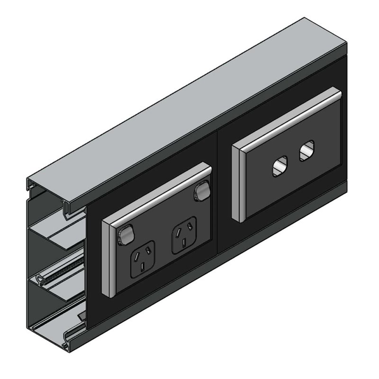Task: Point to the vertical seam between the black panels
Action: tap(217, 189)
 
